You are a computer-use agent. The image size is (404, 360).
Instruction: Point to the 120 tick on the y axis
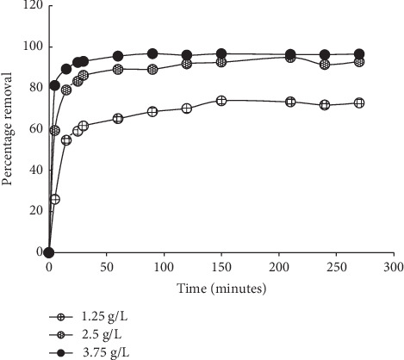[31, 5]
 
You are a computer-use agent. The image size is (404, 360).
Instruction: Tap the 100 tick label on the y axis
[31, 47]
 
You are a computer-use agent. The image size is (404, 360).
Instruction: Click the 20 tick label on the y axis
[34, 211]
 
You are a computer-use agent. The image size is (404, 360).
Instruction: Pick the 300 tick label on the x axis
[394, 267]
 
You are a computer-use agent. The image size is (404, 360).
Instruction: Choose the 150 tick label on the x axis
[221, 267]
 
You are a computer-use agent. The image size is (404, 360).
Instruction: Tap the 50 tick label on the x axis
[106, 267]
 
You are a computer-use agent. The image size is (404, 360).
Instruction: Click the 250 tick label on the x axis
[336, 267]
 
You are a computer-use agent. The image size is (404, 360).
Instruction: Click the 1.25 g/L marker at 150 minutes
[221, 101]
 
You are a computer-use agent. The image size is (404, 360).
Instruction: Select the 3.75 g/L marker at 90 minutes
[152, 53]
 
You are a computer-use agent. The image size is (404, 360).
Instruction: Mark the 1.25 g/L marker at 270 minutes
[359, 102]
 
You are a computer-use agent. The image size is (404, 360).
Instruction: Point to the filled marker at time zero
[49, 252]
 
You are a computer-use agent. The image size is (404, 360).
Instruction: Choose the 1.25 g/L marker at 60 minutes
[118, 118]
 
